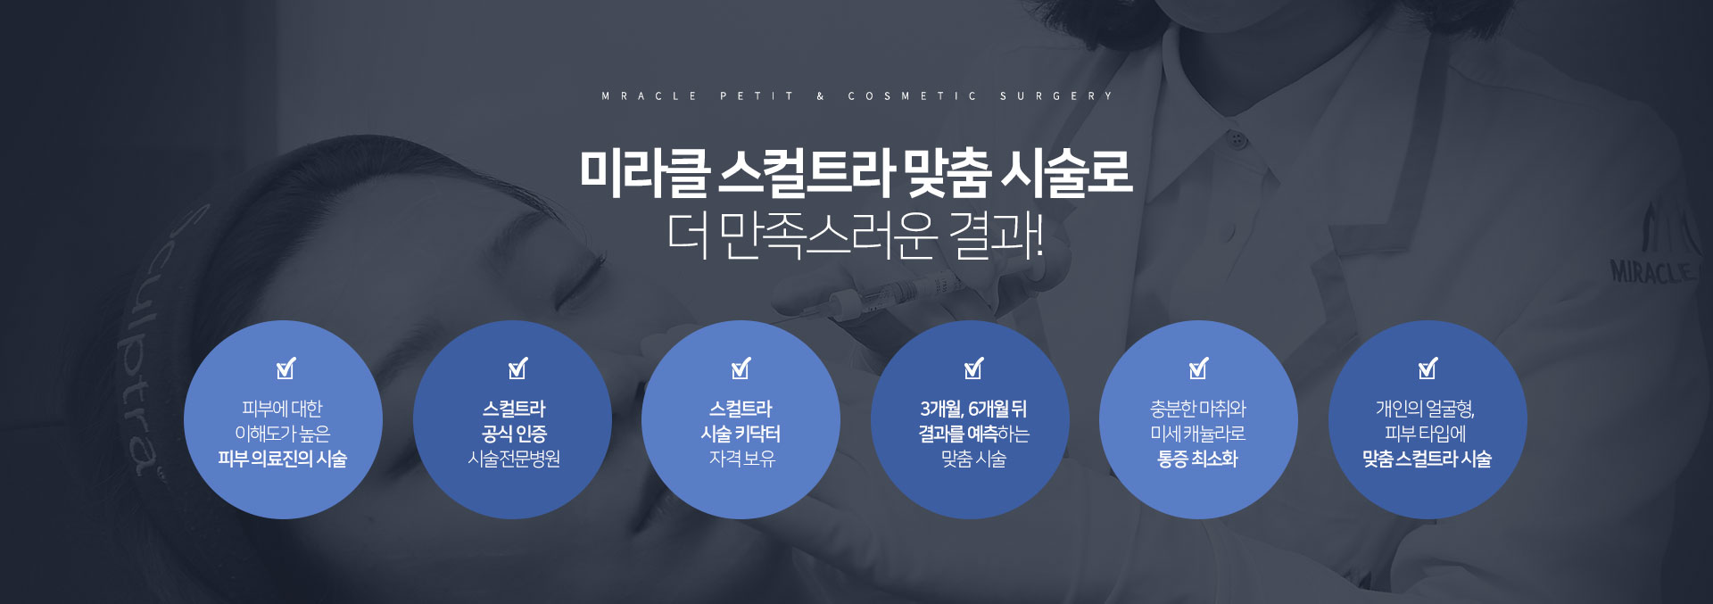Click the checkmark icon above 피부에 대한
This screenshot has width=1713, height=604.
tap(285, 368)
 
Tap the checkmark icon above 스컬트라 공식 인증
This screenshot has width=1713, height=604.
tap(517, 368)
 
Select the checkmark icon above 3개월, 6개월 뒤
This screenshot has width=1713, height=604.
tap(973, 368)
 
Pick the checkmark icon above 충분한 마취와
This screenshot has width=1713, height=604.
tap(1198, 368)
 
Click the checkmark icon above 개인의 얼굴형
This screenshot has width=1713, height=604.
tap(1427, 368)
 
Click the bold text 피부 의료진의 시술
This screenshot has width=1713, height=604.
tap(283, 459)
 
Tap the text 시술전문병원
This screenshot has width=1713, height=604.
tap(514, 459)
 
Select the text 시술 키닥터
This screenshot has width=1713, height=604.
tap(741, 434)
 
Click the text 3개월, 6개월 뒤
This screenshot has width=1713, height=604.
tap(973, 409)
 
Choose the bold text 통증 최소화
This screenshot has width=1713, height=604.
tap(1198, 459)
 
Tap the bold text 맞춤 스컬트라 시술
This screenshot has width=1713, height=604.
tap(1427, 459)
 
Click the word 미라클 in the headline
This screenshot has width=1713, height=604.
tap(643, 172)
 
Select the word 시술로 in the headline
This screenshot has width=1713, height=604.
tap(1066, 172)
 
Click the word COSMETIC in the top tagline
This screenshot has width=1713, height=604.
tap(912, 96)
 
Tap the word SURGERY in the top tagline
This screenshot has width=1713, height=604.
tap(1056, 96)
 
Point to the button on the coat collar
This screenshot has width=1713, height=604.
tap(1236, 139)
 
